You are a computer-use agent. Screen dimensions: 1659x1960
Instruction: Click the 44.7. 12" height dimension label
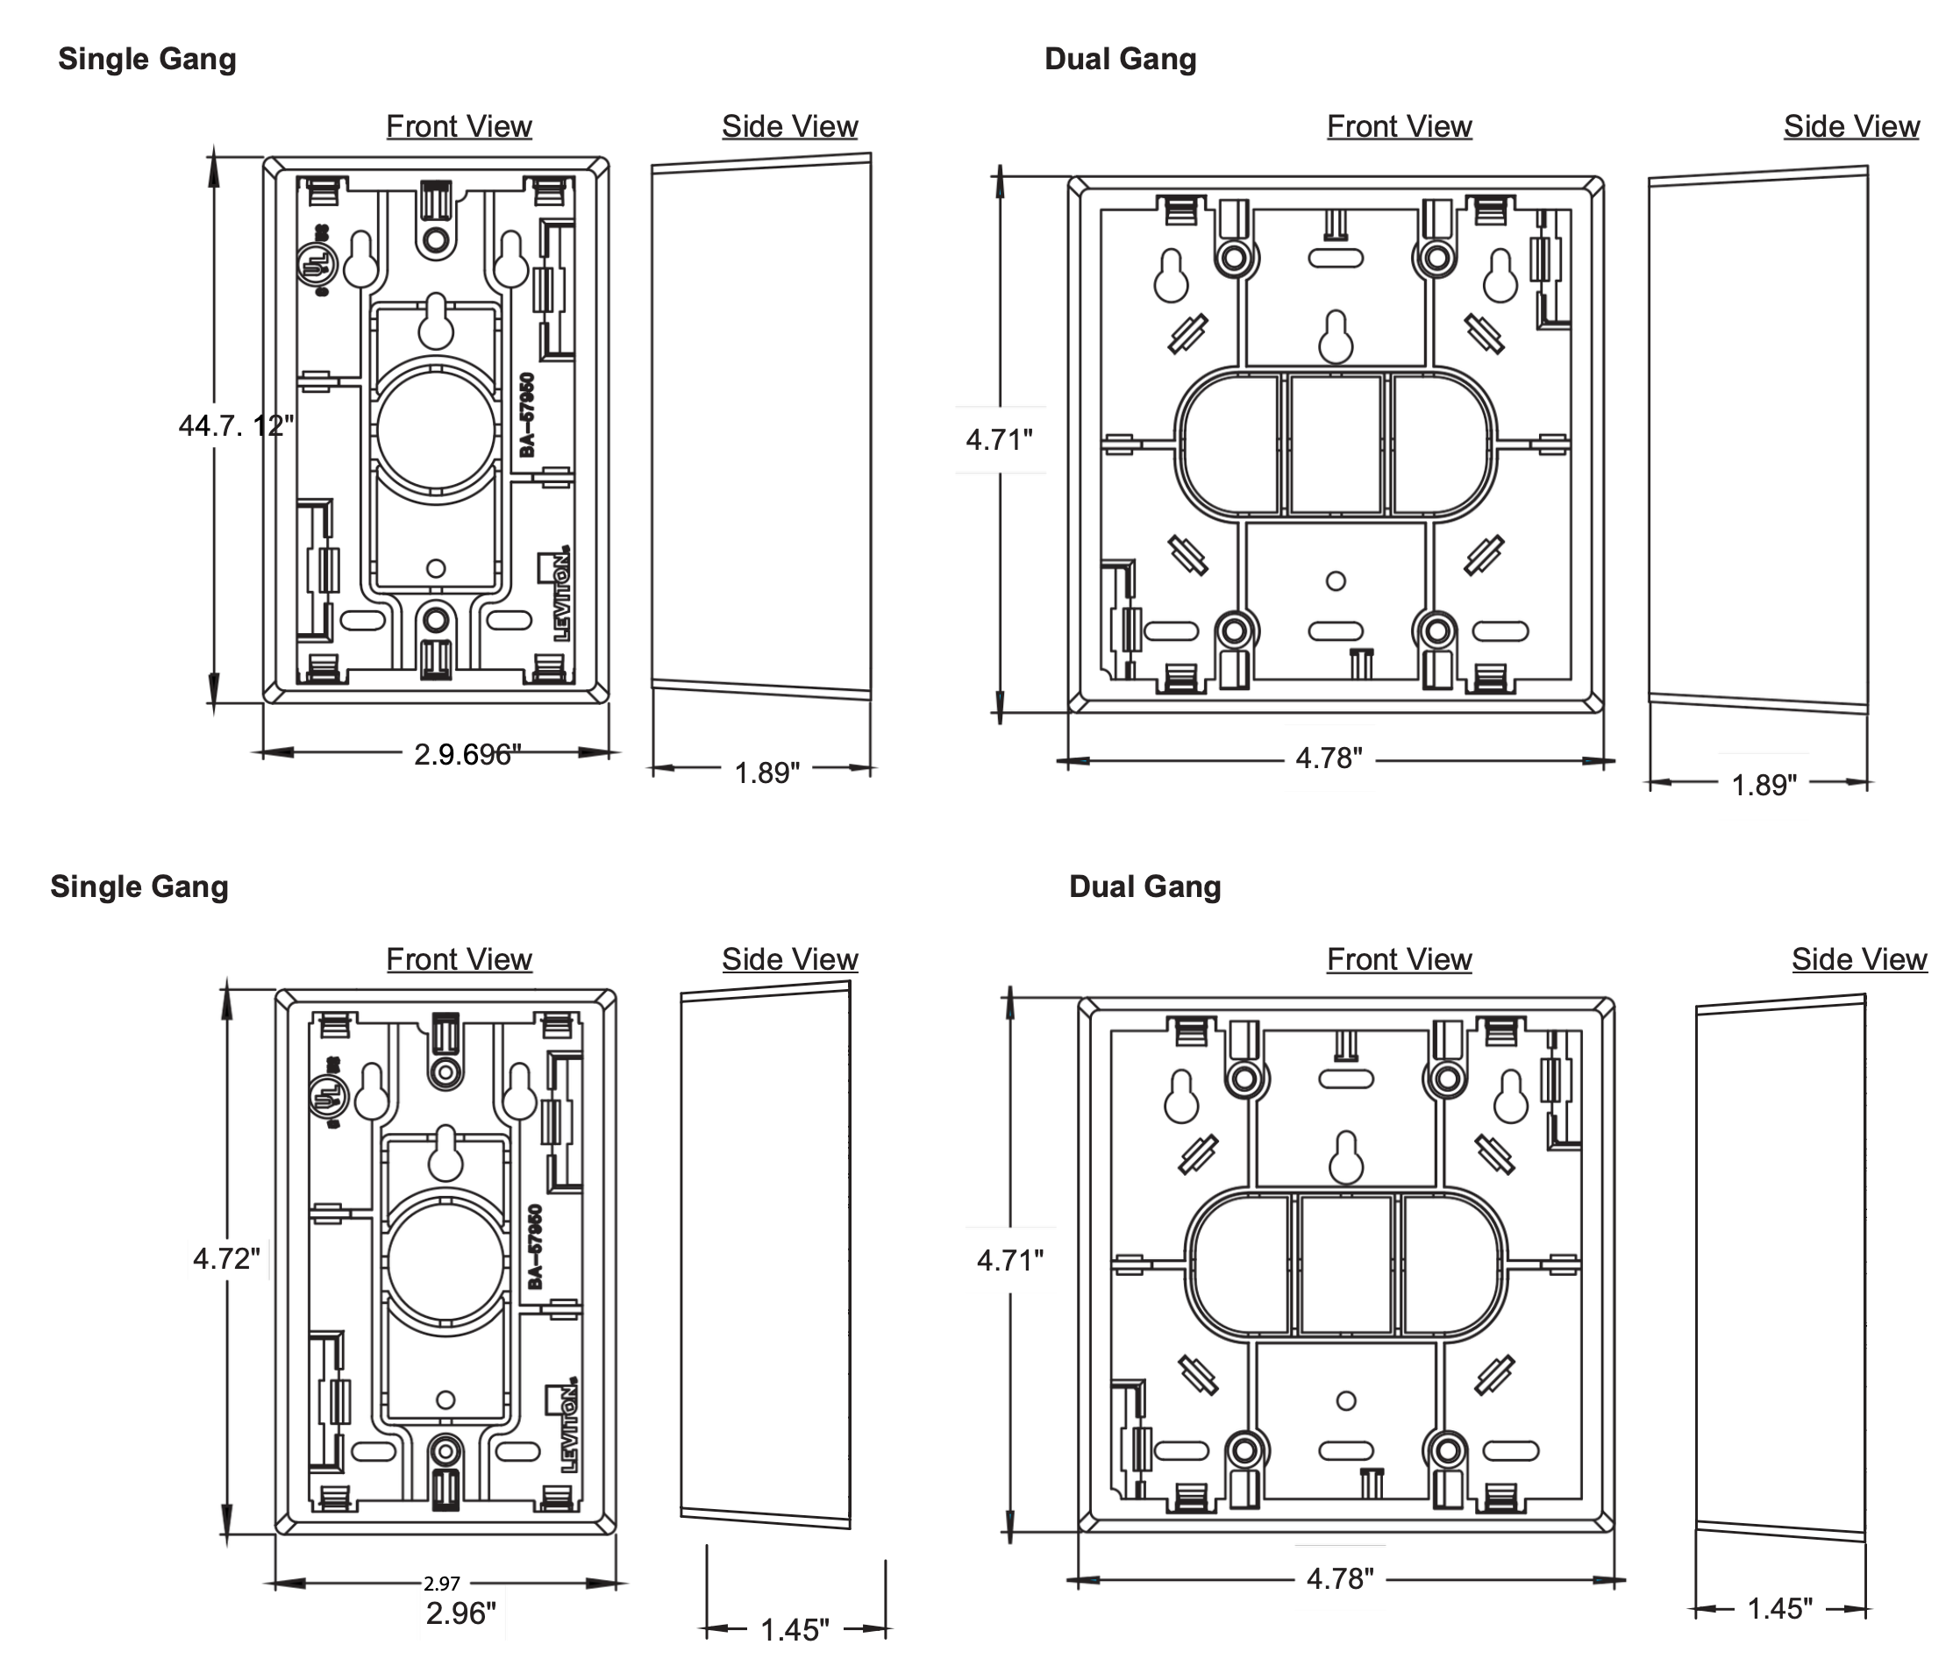click(236, 426)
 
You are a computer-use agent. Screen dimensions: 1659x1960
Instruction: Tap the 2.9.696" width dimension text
click(467, 754)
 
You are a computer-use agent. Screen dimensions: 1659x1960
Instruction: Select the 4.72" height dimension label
click(226, 1258)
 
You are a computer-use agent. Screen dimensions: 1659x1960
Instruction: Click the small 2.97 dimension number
click(441, 1584)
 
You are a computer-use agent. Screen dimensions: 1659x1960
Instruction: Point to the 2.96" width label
click(461, 1614)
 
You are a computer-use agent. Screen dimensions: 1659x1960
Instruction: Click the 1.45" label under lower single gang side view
click(795, 1630)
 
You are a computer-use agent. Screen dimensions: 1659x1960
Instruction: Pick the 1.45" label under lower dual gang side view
click(1779, 1609)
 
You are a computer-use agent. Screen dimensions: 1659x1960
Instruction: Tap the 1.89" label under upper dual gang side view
click(1764, 786)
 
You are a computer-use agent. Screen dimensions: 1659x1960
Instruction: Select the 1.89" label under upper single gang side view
click(766, 773)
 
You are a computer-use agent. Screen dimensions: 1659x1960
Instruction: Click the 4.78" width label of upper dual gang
click(1329, 758)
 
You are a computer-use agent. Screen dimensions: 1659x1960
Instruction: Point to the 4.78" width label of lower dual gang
click(1340, 1579)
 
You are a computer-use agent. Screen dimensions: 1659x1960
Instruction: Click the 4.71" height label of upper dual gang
click(999, 439)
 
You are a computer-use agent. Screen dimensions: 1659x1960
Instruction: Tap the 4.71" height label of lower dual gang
click(1010, 1260)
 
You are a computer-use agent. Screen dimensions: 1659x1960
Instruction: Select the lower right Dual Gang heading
click(1144, 886)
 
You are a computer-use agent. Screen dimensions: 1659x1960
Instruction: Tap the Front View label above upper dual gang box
click(1400, 126)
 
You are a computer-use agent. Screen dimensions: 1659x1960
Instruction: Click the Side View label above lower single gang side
click(790, 959)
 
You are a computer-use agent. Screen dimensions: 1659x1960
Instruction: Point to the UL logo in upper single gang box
click(315, 260)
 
